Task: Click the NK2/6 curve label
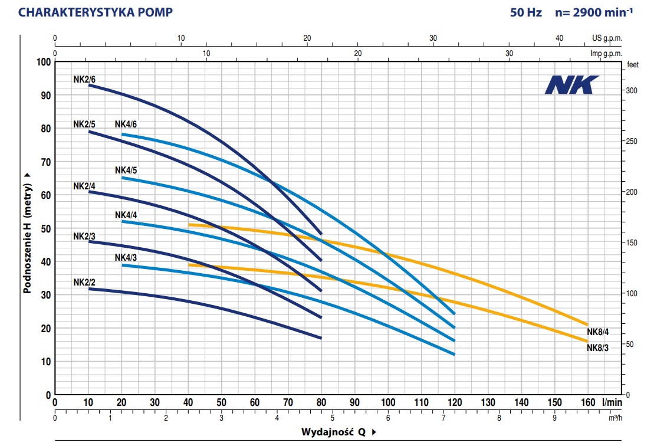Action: click(x=84, y=79)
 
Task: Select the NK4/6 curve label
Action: click(x=126, y=124)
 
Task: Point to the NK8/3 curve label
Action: click(x=597, y=347)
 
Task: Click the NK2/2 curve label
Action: click(x=84, y=283)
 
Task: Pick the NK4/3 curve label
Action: click(x=126, y=257)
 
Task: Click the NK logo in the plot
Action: click(x=571, y=85)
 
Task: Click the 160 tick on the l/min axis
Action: click(x=587, y=402)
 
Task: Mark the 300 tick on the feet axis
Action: click(x=632, y=90)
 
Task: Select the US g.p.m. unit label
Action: click(x=607, y=38)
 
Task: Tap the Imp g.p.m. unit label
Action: click(x=606, y=53)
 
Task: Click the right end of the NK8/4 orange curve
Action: click(x=587, y=324)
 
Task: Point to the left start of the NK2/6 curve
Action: click(x=89, y=85)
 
